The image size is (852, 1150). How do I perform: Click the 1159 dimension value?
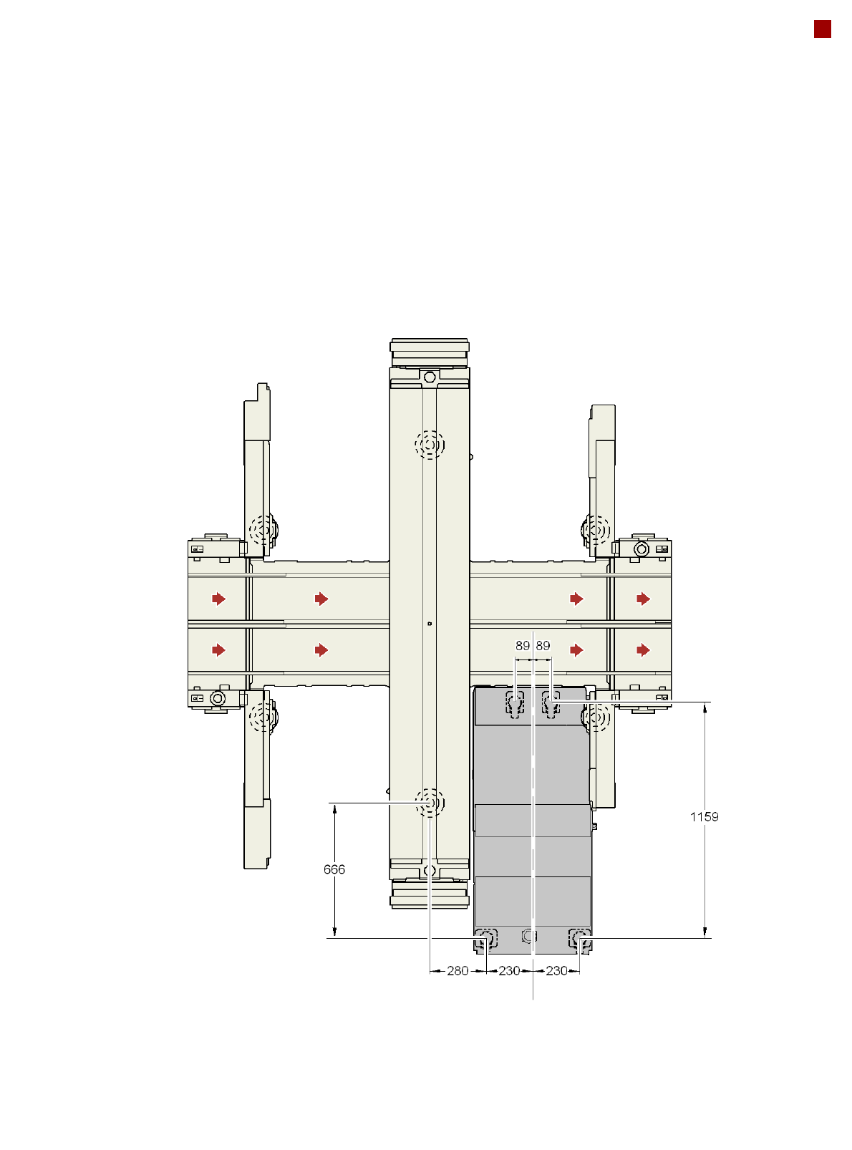pos(704,816)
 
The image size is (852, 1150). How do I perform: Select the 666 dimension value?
pos(334,869)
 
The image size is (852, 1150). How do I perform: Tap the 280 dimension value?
pos(458,970)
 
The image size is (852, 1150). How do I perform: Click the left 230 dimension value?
pos(509,970)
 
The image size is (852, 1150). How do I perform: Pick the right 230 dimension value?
pos(556,970)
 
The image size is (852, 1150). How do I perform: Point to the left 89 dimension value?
pos(522,645)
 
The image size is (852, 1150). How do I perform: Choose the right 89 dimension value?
pos(543,645)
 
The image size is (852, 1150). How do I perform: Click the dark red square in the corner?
pos(822,29)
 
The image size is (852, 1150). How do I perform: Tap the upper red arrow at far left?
pos(218,599)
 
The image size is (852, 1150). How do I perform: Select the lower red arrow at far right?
pos(643,649)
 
